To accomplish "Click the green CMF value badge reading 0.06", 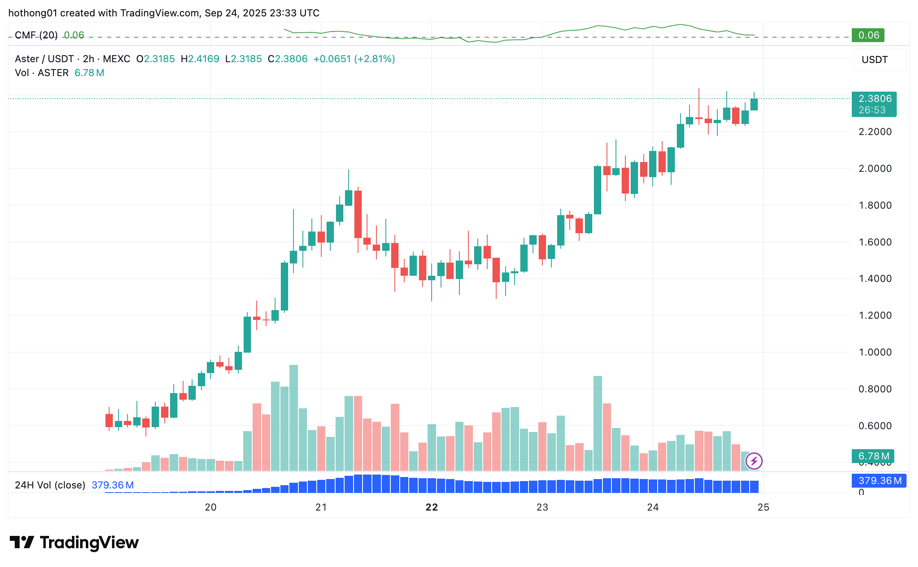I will [x=868, y=35].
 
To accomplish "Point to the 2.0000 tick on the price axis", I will [x=875, y=169].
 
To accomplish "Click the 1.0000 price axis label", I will [x=875, y=352].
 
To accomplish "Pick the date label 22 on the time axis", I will [x=432, y=507].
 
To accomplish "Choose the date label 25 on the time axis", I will [x=763, y=507].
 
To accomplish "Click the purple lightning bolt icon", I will [x=754, y=461].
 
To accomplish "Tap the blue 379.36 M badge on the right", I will [x=879, y=481].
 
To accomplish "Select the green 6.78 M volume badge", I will [x=873, y=456].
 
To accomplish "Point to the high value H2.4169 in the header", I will [x=200, y=59].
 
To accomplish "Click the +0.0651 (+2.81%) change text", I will [x=354, y=59].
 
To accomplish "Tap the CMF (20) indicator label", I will [x=36, y=35].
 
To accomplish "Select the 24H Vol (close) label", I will [x=50, y=485].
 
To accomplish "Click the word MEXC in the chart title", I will [x=116, y=59].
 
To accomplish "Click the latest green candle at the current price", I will [x=754, y=104].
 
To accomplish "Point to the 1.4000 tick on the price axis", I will [x=875, y=279].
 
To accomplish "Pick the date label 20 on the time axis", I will [x=210, y=507].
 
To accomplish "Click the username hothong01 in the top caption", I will [x=33, y=13].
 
